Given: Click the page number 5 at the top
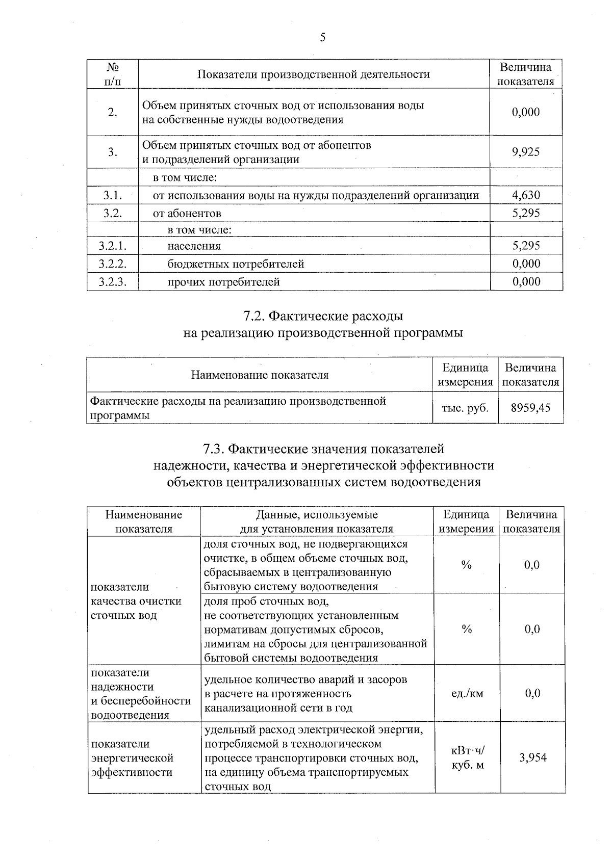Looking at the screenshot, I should coord(323,38).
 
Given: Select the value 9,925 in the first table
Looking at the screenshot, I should coord(526,152).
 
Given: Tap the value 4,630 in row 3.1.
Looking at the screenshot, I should coord(526,195).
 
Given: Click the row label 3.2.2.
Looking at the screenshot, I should coord(112,264).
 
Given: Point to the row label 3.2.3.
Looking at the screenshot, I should coord(112,282).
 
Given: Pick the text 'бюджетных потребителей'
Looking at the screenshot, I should coord(236,264).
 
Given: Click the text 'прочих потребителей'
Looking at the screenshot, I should coord(223,282).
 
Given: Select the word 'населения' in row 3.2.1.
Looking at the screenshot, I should coord(194,246).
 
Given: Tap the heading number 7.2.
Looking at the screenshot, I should coord(253,317).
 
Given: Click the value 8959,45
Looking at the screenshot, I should coord(530,407).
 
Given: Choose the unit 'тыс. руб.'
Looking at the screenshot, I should coord(465,408).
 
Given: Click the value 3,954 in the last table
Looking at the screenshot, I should coord(532,757).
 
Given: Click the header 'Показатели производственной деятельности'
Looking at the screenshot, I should coord(314,74).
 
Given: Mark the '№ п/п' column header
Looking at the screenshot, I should coord(113,74).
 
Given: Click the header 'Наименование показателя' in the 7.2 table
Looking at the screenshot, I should coord(260,375).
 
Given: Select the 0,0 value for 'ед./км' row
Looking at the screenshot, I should coord(532,693).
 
